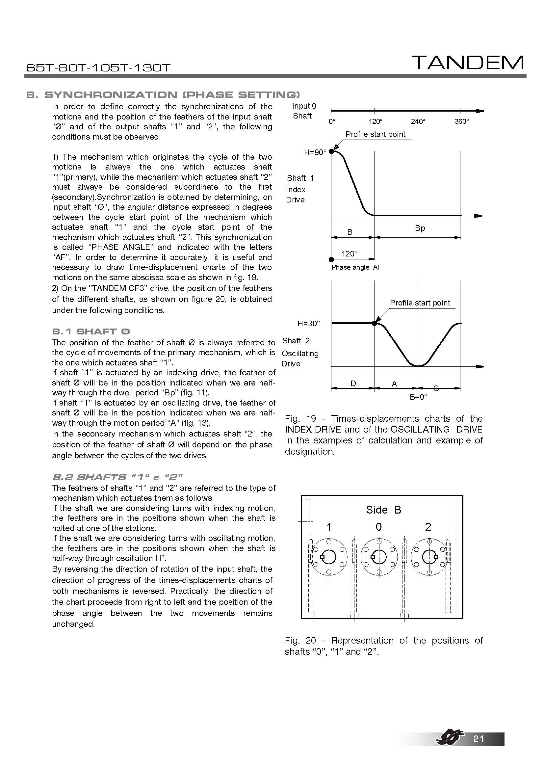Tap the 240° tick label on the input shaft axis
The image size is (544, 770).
[418, 121]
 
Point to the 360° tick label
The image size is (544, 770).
[461, 121]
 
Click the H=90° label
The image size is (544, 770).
[315, 153]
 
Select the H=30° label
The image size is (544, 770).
[309, 324]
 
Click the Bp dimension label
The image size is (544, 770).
[420, 228]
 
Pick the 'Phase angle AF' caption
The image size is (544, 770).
[356, 267]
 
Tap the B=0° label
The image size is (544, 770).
[419, 397]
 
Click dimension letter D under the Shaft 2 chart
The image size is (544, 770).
[353, 383]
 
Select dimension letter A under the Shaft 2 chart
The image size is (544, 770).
[394, 384]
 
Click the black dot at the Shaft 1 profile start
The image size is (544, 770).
[331, 151]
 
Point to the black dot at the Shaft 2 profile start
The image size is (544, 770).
[375, 323]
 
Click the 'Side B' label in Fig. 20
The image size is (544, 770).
[383, 510]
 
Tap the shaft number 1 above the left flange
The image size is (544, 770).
[329, 527]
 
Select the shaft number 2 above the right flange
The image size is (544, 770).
[428, 527]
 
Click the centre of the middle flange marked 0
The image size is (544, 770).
[379, 557]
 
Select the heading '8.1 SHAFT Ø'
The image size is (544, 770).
[91, 332]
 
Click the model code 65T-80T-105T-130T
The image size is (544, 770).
[98, 68]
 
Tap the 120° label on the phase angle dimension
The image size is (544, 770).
[349, 254]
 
